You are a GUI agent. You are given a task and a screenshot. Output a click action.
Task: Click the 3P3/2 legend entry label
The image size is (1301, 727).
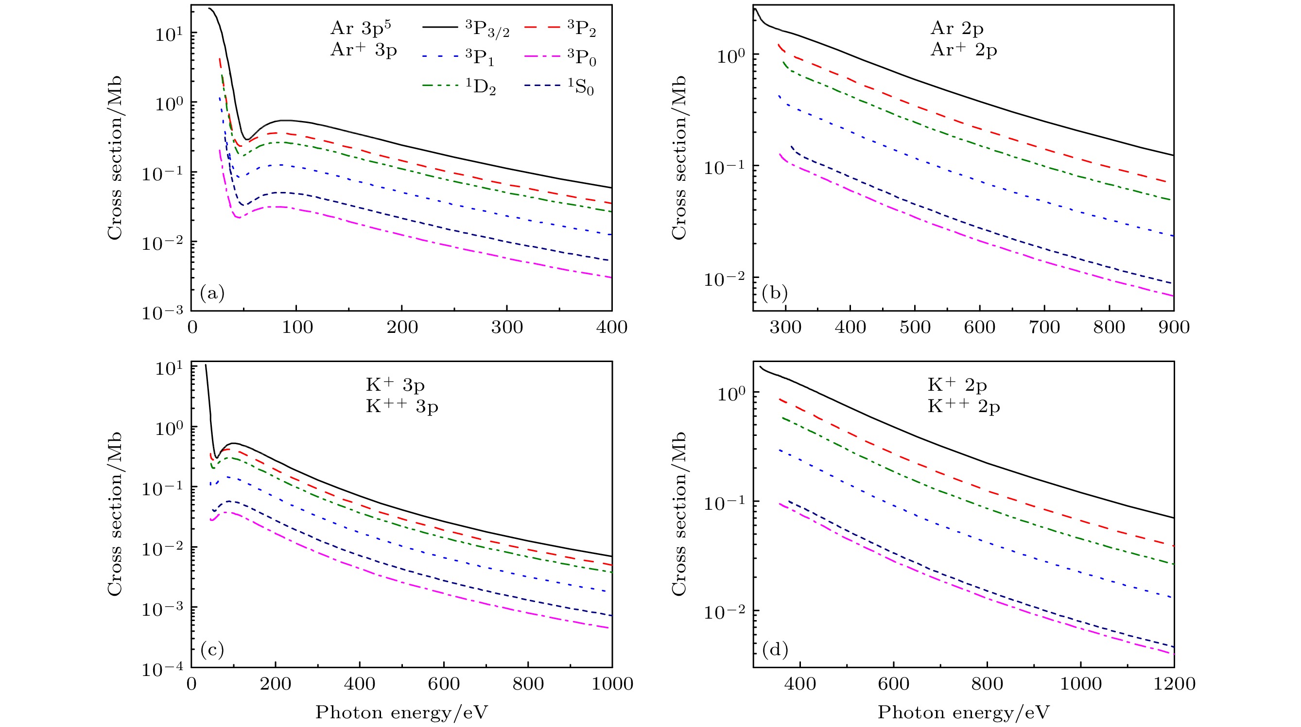tap(487, 30)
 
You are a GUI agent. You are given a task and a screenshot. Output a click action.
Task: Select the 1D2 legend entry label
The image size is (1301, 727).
tap(480, 87)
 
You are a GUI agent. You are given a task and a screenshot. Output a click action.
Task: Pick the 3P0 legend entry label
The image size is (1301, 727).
tap(581, 59)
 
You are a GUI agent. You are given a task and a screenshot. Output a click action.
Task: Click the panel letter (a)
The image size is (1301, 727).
tap(212, 293)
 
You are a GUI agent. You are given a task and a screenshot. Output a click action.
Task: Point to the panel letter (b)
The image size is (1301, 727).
tap(775, 293)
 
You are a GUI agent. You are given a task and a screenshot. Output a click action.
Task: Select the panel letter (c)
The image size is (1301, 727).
tap(212, 649)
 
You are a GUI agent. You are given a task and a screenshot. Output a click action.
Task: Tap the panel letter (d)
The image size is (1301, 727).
tap(775, 649)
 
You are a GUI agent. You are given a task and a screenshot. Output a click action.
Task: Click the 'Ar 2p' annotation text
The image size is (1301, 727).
tap(957, 28)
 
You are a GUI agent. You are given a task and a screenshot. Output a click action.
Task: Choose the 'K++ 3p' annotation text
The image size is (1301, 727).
tap(402, 406)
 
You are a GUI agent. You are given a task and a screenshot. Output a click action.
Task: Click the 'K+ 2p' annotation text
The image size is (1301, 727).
tap(957, 385)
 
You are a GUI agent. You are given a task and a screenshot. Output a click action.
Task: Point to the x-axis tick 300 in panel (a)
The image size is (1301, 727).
tap(506, 327)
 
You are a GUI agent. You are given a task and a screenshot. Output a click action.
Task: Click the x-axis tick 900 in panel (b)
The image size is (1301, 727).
tap(1174, 327)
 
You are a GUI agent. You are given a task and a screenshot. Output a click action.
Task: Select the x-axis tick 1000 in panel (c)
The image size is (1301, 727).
tap(612, 684)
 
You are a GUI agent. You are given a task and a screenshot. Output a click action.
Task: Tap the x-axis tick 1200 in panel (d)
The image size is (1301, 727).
tap(1174, 684)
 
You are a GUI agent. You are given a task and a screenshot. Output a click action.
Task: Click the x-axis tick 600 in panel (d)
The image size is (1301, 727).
tap(893, 684)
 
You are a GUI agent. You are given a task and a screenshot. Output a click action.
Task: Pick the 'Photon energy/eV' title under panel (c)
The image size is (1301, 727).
tap(401, 712)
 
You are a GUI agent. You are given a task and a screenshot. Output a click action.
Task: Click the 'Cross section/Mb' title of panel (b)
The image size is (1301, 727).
tap(679, 157)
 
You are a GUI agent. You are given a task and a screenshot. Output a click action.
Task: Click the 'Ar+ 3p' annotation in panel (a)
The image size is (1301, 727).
tap(364, 50)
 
